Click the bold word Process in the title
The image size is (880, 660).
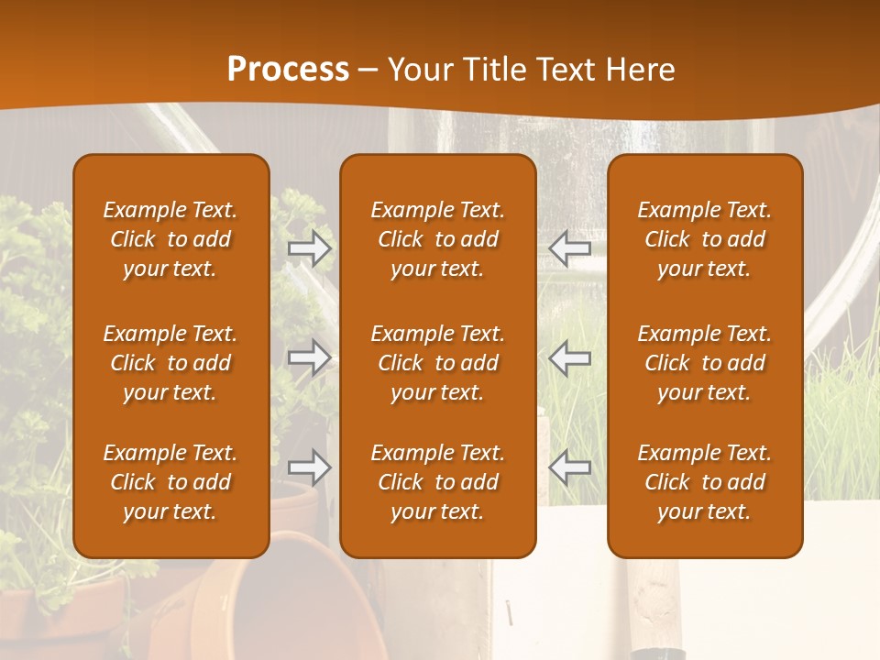[288, 70]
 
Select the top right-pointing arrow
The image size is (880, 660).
[309, 248]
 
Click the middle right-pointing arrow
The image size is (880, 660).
[309, 357]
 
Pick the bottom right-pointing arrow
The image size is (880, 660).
[309, 467]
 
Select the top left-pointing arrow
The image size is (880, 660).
[570, 247]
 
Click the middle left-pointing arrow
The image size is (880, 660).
[570, 357]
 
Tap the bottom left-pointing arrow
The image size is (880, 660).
[570, 467]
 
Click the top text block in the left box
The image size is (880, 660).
[170, 239]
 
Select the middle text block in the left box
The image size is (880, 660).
[170, 363]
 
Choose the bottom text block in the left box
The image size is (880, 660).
[170, 482]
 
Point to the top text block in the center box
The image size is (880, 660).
[437, 239]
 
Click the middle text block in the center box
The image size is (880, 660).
[437, 363]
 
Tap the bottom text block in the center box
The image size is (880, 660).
[437, 482]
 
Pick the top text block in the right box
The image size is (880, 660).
[704, 239]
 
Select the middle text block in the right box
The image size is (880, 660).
[704, 363]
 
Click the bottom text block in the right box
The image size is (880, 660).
[704, 482]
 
